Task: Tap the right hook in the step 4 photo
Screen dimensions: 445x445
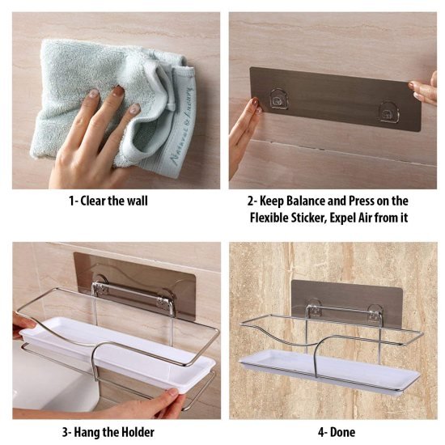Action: pyautogui.click(x=375, y=311)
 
